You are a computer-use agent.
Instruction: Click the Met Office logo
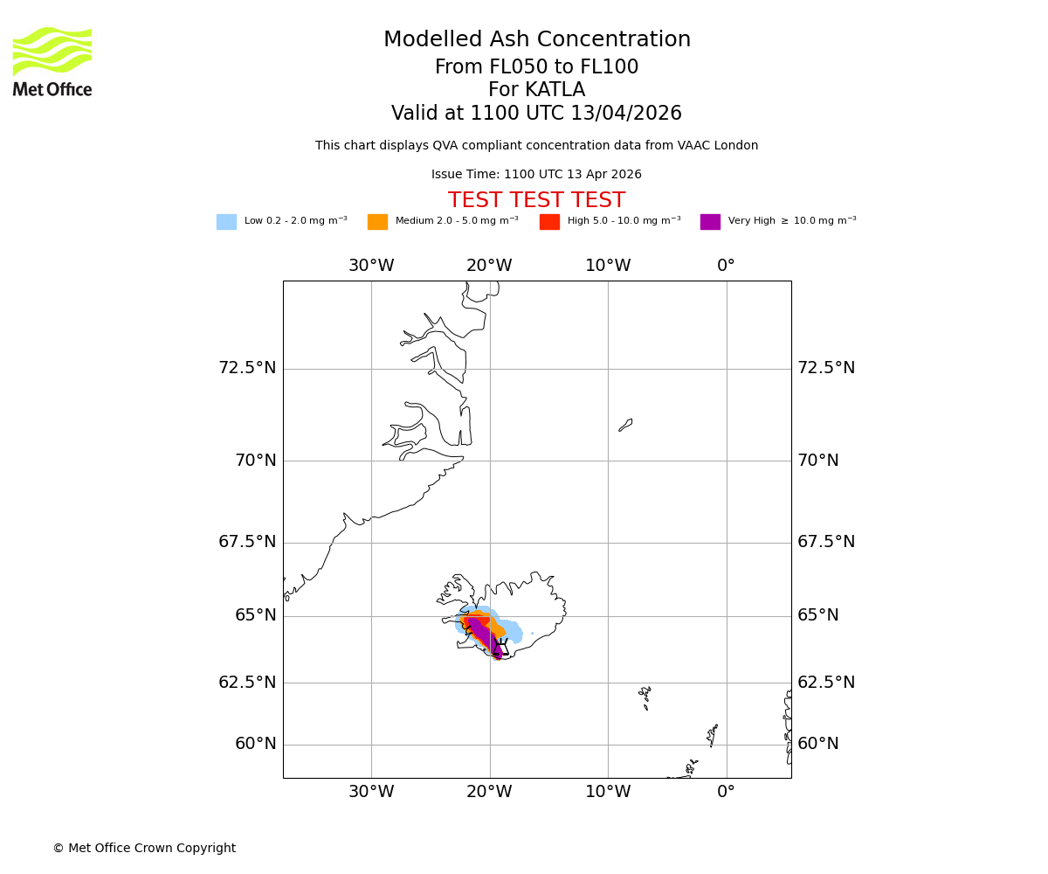(52, 61)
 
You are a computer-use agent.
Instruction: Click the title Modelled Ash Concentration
(536, 40)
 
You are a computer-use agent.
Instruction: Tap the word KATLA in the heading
(555, 90)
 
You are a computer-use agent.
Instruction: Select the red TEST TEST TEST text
(536, 200)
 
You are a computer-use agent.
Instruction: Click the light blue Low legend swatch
(226, 221)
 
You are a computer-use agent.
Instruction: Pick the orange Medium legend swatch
(377, 221)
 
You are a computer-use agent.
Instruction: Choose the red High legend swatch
(549, 221)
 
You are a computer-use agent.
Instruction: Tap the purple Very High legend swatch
(710, 221)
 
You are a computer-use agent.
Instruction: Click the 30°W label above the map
(371, 266)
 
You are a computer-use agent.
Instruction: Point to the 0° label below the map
(726, 792)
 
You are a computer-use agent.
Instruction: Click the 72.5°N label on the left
(247, 368)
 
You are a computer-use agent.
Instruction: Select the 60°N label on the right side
(818, 744)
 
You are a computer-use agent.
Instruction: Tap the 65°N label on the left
(255, 615)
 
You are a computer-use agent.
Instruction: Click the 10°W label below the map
(608, 792)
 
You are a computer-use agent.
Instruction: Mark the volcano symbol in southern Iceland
(500, 647)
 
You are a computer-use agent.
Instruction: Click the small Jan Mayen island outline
(625, 425)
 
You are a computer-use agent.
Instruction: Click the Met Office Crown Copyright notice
(144, 848)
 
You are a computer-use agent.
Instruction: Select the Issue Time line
(536, 175)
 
